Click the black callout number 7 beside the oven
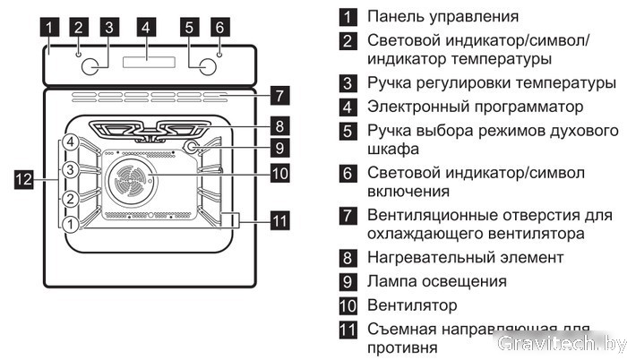[279, 93]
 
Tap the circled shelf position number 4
[71, 142]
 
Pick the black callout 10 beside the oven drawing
[279, 173]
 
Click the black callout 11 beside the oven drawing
[279, 219]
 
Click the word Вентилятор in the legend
[412, 305]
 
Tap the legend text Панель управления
[442, 16]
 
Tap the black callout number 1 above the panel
[52, 27]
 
